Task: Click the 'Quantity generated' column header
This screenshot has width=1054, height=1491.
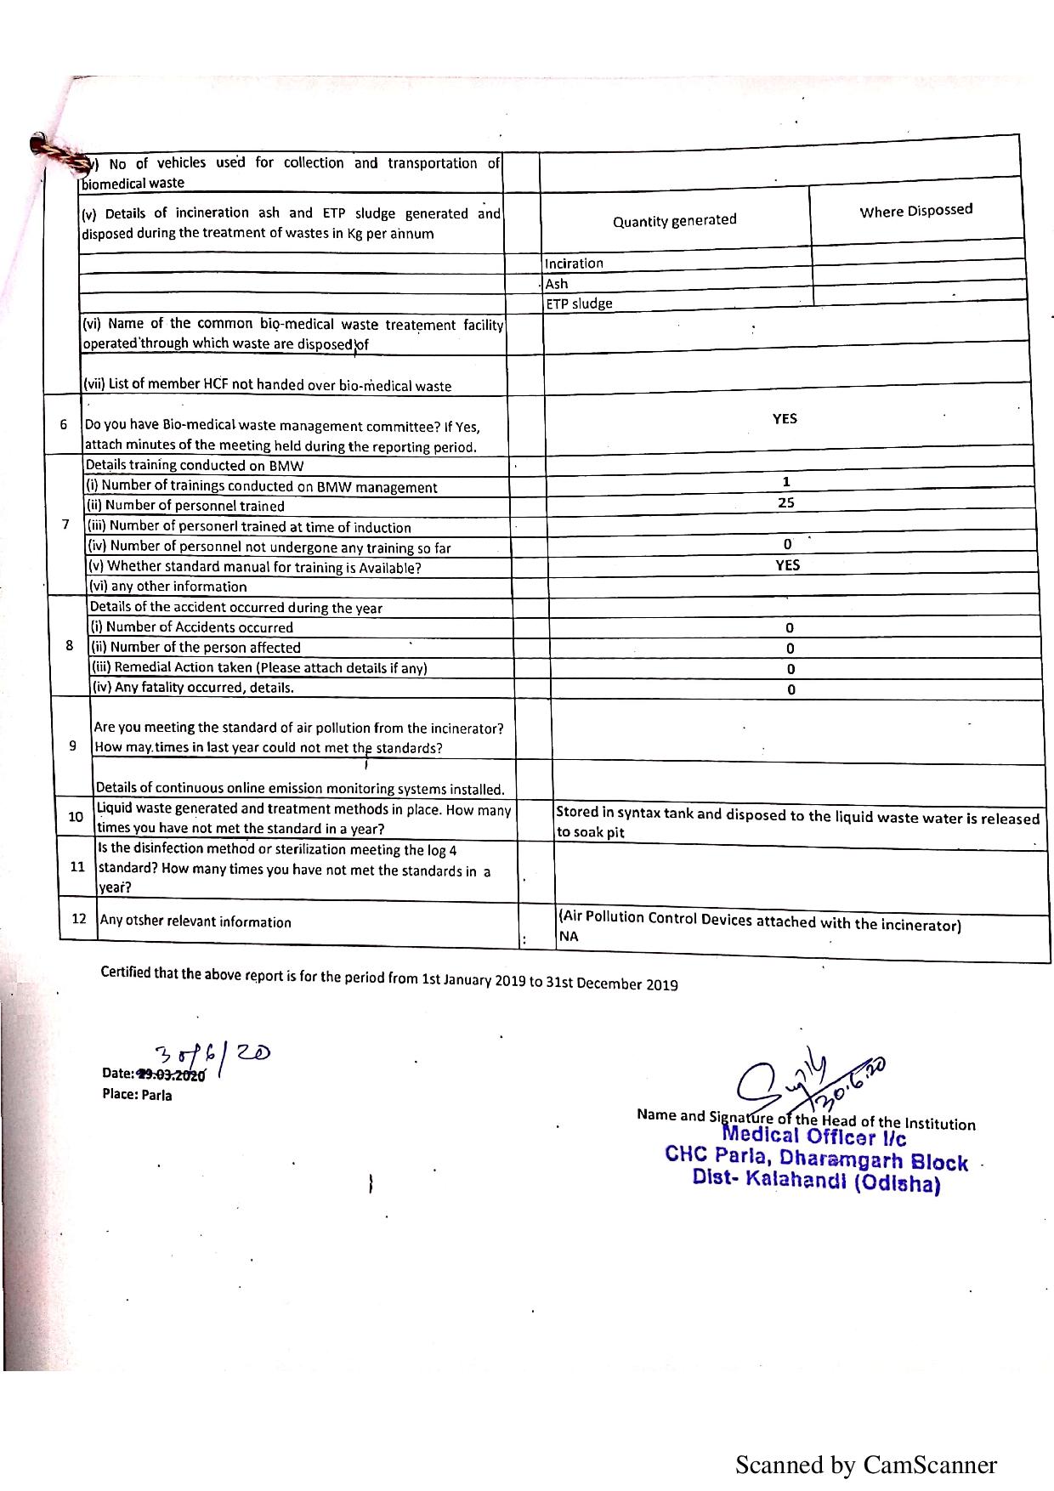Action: point(674,221)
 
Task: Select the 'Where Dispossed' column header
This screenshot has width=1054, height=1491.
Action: point(915,211)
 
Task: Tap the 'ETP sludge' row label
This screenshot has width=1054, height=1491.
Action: point(578,303)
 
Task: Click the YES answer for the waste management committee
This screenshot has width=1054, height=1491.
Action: point(785,419)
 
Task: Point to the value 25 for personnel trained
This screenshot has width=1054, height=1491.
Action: point(786,502)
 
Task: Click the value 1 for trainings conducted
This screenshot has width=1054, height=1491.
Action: point(786,482)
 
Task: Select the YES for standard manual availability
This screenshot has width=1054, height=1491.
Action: point(787,564)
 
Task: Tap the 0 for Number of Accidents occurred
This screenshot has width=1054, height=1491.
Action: point(790,628)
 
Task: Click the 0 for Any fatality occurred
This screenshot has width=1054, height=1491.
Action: point(790,689)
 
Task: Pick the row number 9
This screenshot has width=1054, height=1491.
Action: point(74,745)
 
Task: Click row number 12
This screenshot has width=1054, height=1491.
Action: point(79,919)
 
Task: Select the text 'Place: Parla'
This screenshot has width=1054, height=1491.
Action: point(137,1095)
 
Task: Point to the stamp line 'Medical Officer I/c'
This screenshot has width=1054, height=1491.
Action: point(813,1137)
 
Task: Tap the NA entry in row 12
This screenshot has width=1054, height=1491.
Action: point(568,937)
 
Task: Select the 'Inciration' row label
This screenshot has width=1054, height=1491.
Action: point(574,264)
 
